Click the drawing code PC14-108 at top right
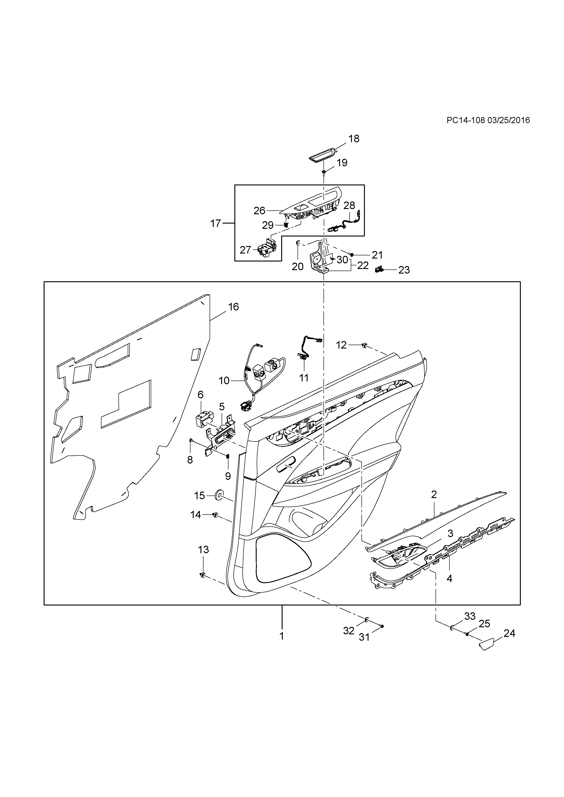coord(465,120)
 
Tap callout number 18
coord(354,139)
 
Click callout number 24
coord(509,633)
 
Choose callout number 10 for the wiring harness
coord(224,381)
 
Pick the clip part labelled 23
coord(379,269)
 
